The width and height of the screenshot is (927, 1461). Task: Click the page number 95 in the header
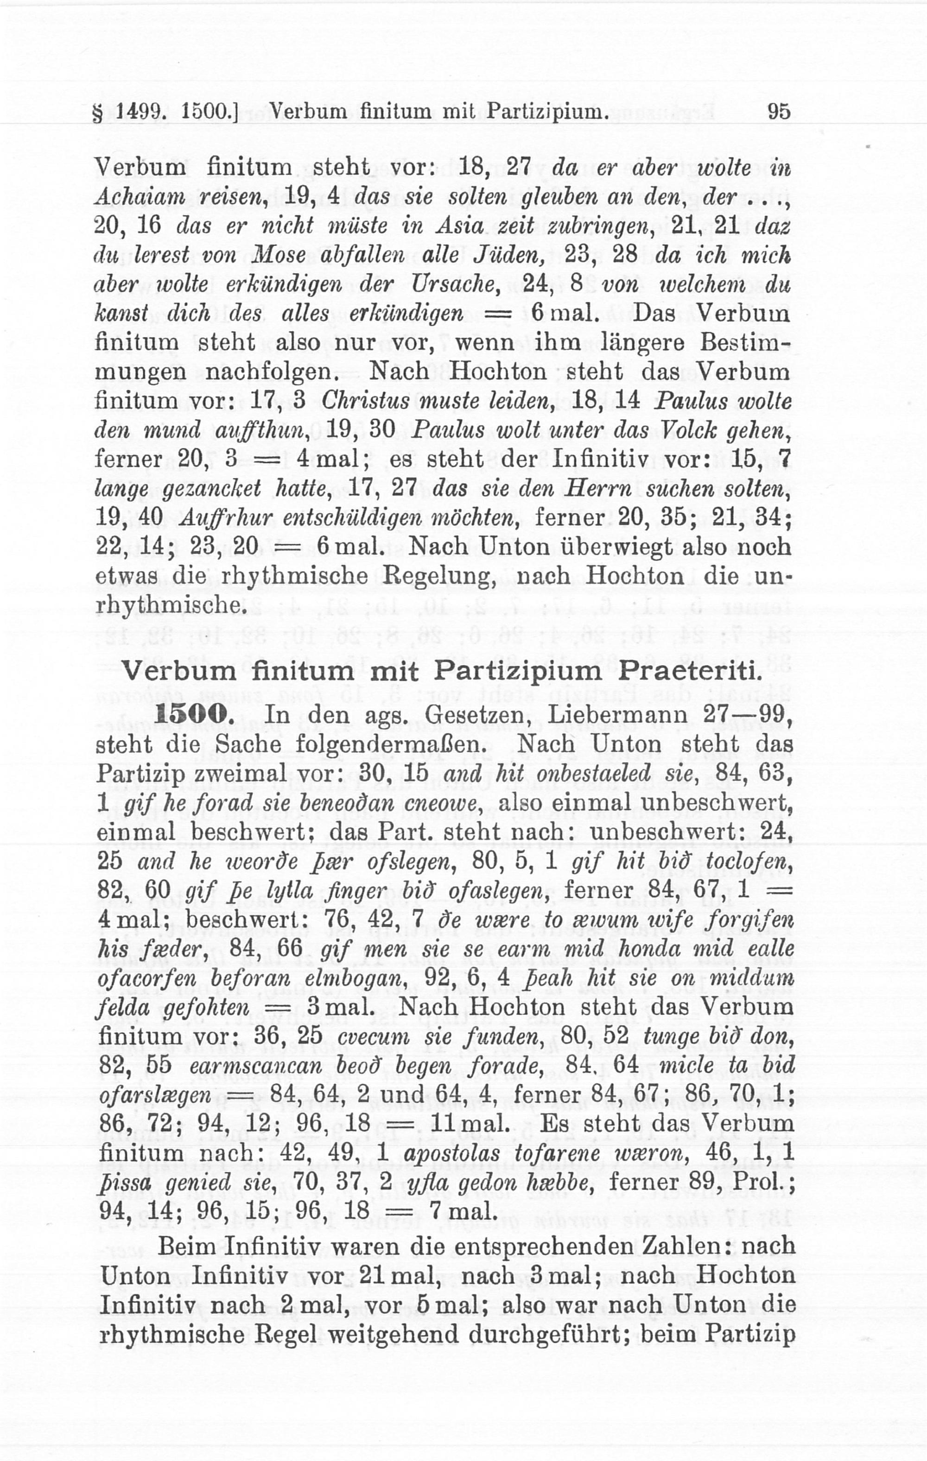(779, 112)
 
